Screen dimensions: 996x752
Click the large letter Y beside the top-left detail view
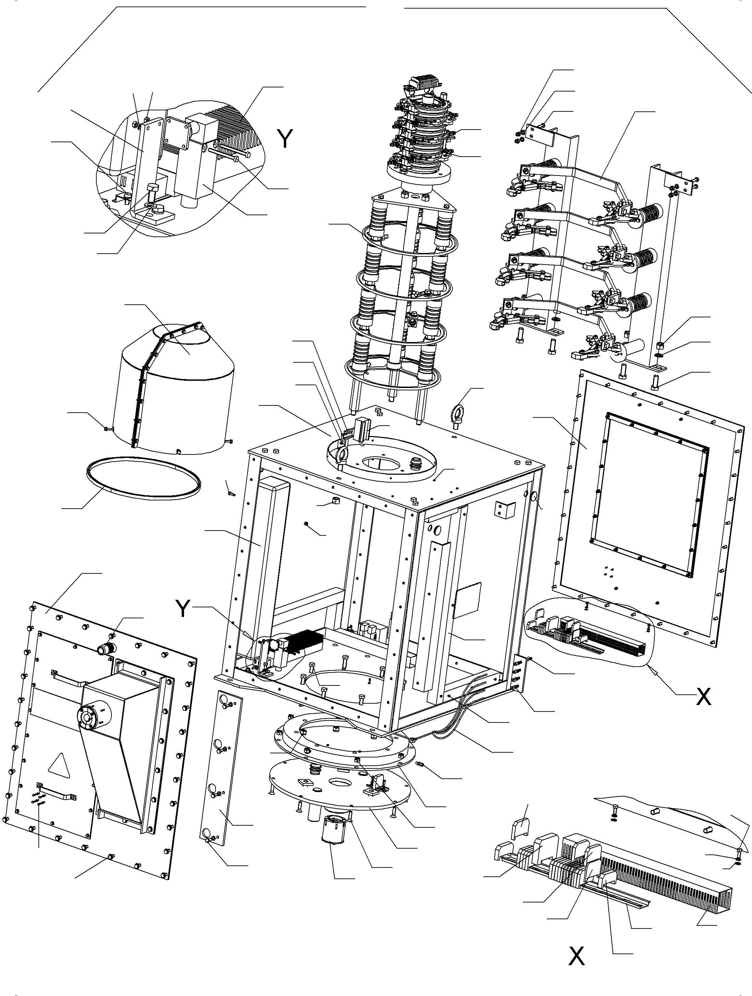click(x=284, y=139)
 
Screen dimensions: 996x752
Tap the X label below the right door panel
click(x=703, y=697)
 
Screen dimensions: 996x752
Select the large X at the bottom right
click(x=577, y=956)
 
